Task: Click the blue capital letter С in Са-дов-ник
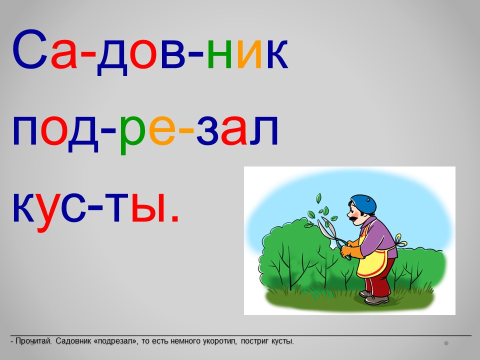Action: (30, 49)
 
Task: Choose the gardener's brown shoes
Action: (374, 297)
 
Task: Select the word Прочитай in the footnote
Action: (33, 341)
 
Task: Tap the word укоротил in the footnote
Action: (219, 341)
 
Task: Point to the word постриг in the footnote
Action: (254, 341)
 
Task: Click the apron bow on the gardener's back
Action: (400, 241)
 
